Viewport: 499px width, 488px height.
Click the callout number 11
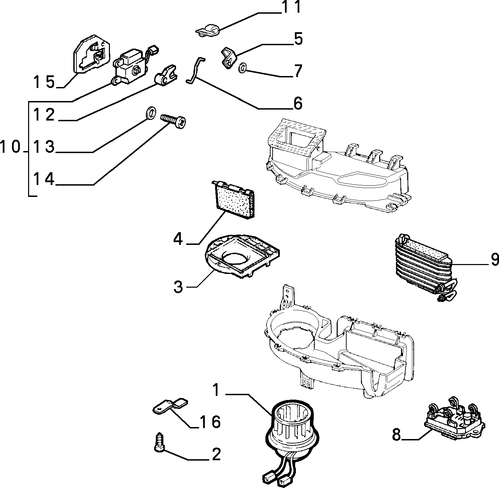pos(291,7)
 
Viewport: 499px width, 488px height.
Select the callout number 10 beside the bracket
pos(10,147)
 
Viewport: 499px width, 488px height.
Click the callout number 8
pos(396,435)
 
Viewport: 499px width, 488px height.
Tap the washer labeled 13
pos(150,113)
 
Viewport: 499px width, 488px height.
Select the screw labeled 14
pos(173,121)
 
